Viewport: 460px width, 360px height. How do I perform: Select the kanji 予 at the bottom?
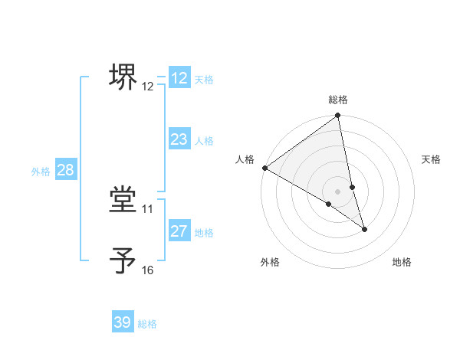[x=124, y=260]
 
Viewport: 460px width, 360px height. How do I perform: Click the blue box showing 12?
[x=179, y=78]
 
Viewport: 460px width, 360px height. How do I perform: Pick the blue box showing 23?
[x=179, y=139]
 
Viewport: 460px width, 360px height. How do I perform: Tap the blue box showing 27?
[x=179, y=231]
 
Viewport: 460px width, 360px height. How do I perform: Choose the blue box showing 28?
[x=65, y=170]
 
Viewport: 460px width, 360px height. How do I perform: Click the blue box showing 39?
[x=123, y=322]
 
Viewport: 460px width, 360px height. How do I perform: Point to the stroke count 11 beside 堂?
[x=148, y=208]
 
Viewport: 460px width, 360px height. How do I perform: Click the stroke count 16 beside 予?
[x=148, y=270]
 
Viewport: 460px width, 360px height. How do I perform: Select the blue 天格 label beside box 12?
[x=204, y=80]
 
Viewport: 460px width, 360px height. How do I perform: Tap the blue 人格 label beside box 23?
[x=204, y=141]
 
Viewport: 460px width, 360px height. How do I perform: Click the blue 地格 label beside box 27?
[x=204, y=233]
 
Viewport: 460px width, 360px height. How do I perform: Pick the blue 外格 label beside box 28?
[x=41, y=172]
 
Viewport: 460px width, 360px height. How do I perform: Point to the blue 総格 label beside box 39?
[x=147, y=324]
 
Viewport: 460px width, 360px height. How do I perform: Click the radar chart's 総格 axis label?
[x=338, y=100]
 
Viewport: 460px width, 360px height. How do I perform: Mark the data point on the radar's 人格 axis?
[x=264, y=168]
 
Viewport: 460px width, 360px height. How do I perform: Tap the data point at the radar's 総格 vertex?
[x=337, y=116]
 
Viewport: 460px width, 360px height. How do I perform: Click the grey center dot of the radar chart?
[x=337, y=191]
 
